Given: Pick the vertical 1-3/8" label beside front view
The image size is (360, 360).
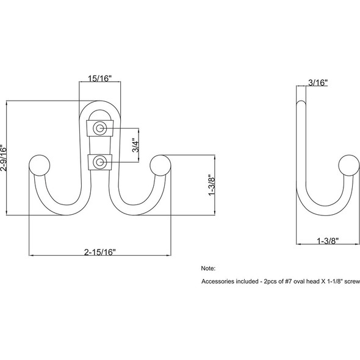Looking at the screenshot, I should pyautogui.click(x=212, y=185).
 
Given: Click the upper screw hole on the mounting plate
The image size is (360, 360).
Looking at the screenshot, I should pyautogui.click(x=101, y=128).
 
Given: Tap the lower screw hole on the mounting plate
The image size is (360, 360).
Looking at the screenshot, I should pyautogui.click(x=101, y=162).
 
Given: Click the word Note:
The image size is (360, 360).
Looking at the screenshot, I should pyautogui.click(x=208, y=268).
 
